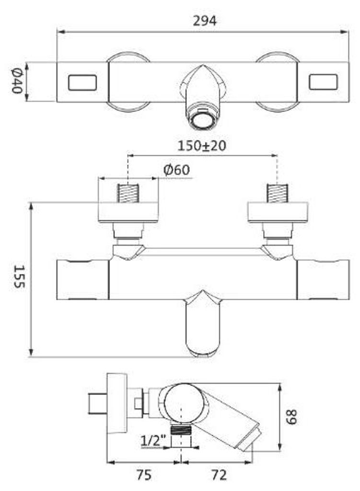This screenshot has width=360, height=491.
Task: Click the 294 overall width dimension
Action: coord(204,21)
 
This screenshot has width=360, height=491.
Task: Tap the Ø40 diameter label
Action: coord(17,81)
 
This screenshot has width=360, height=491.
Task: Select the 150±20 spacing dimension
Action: coord(202,146)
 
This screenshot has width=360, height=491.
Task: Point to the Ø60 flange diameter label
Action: coord(176,170)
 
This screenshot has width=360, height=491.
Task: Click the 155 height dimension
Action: coord(19,277)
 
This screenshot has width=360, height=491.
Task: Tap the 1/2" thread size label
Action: coord(153,441)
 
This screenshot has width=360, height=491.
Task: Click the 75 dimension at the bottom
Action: coord(144,475)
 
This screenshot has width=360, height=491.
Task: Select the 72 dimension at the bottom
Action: coord(219,475)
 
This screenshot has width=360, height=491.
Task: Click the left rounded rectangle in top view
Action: coord(82,82)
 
